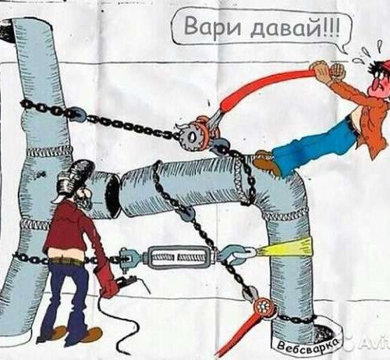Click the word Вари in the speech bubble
(212, 27)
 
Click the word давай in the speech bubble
(285, 28)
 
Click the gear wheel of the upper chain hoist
(191, 137)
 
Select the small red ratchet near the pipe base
(263, 308)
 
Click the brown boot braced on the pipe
(266, 162)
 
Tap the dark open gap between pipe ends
(113, 196)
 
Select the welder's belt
(67, 260)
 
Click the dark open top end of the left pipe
(6, 31)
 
